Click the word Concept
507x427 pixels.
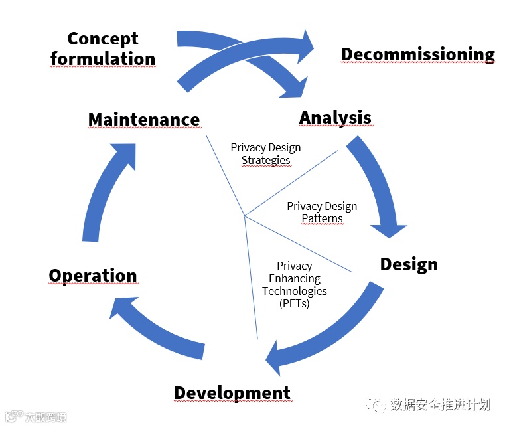(x=102, y=39)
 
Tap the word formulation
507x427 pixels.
(x=103, y=58)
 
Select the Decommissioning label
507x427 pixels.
(x=417, y=54)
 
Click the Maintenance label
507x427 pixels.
(x=143, y=120)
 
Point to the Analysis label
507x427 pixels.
(x=335, y=118)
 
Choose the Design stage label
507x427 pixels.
(x=408, y=264)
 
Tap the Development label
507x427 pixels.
(x=232, y=393)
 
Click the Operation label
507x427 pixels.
(x=92, y=276)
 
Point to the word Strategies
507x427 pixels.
(x=265, y=160)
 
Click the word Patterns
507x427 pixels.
(x=322, y=218)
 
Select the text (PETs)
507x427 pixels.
(x=294, y=303)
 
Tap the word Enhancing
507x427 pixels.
(x=294, y=278)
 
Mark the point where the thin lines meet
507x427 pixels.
(x=244, y=216)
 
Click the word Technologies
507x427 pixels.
(x=294, y=291)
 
